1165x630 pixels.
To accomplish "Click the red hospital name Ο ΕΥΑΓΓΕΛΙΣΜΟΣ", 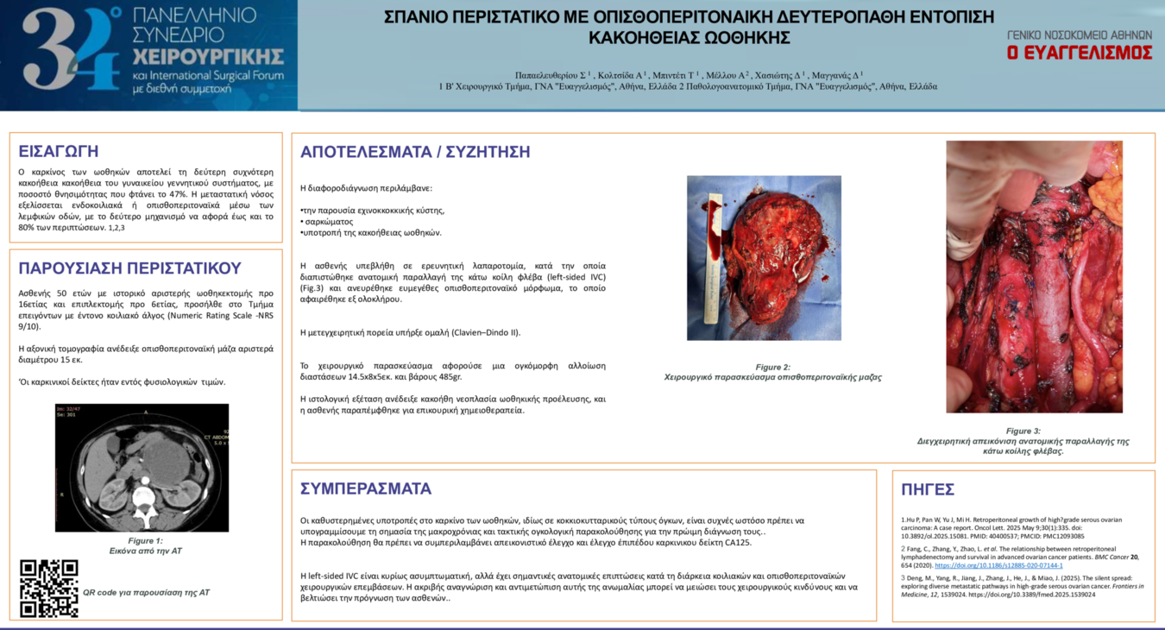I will (1079, 53).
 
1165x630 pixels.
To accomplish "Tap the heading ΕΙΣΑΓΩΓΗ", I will (59, 151).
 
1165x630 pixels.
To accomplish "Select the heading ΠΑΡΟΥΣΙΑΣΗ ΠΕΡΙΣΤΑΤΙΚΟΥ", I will (129, 268).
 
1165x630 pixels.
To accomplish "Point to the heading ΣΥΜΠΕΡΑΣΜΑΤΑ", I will (366, 488).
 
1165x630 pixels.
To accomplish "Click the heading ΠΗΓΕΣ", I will (928, 489).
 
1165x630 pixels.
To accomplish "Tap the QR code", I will (49, 589).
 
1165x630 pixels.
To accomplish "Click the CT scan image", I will (142, 467).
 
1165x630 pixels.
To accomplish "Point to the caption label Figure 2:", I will (772, 367).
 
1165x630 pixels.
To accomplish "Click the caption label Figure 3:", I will (1023, 431).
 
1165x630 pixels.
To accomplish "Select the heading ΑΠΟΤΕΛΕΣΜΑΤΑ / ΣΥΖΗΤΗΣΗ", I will (415, 152).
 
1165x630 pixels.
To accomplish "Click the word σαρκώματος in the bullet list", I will (329, 222).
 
